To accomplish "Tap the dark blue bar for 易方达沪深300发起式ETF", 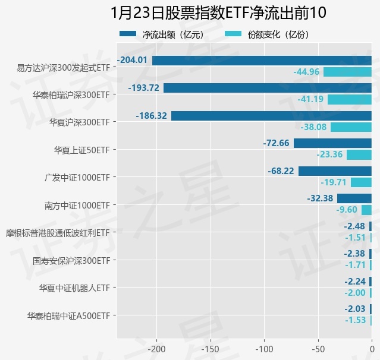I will click(262, 60).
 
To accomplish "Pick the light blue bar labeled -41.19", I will click(349, 99).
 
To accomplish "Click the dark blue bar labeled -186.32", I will click(271, 116).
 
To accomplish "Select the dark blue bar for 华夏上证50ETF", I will click(332, 143).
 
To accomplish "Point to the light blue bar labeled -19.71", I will click(361, 182).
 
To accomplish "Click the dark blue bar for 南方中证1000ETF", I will click(354, 198).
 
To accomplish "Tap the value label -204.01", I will click(133, 60).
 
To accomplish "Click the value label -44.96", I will click(307, 72).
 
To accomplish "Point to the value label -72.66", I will click(276, 143).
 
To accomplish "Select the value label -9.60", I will click(347, 210).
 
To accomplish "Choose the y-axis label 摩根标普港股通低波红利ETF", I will click(57, 232).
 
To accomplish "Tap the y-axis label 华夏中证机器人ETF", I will click(74, 288).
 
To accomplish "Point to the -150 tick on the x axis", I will click(211, 349).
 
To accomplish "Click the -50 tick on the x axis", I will click(318, 349).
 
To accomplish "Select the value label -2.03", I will click(355, 309).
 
